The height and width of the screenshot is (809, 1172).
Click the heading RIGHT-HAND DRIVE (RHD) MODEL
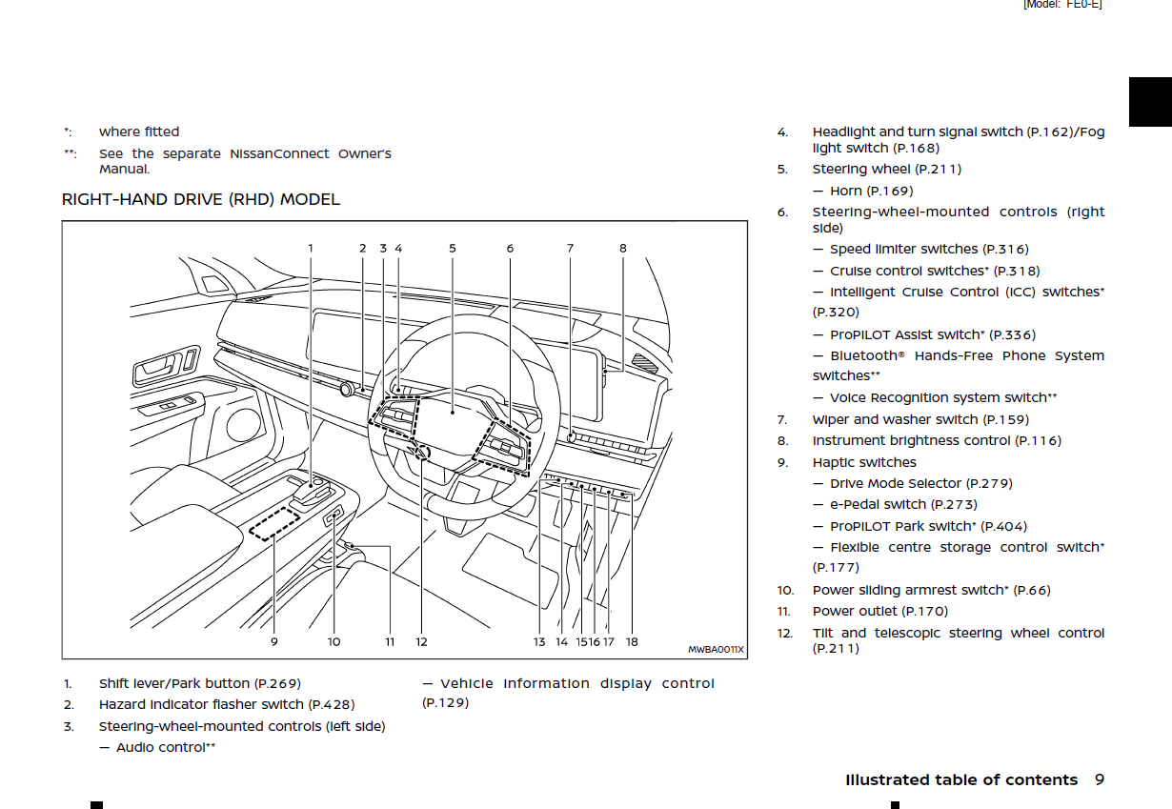(200, 199)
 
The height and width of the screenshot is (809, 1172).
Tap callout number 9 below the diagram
(273, 641)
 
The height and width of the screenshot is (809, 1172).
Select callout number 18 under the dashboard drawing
(632, 641)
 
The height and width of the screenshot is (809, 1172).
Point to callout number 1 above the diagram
(311, 249)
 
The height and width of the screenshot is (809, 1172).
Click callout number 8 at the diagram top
(623, 249)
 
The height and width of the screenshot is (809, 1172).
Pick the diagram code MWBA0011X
(716, 650)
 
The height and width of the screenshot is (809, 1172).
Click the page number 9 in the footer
(1099, 779)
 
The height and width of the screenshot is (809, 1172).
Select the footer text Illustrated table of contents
(960, 779)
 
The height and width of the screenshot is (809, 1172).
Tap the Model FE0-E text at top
(1061, 5)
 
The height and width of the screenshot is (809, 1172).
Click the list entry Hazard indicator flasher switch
(226, 704)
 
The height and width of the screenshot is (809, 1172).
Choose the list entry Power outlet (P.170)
(879, 611)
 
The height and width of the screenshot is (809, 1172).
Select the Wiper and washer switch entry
(920, 419)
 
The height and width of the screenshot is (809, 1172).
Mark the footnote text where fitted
(139, 131)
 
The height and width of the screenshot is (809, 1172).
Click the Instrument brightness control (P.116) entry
(936, 440)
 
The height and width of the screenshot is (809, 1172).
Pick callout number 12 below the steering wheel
(421, 641)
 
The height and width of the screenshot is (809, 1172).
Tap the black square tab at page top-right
(1150, 102)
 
